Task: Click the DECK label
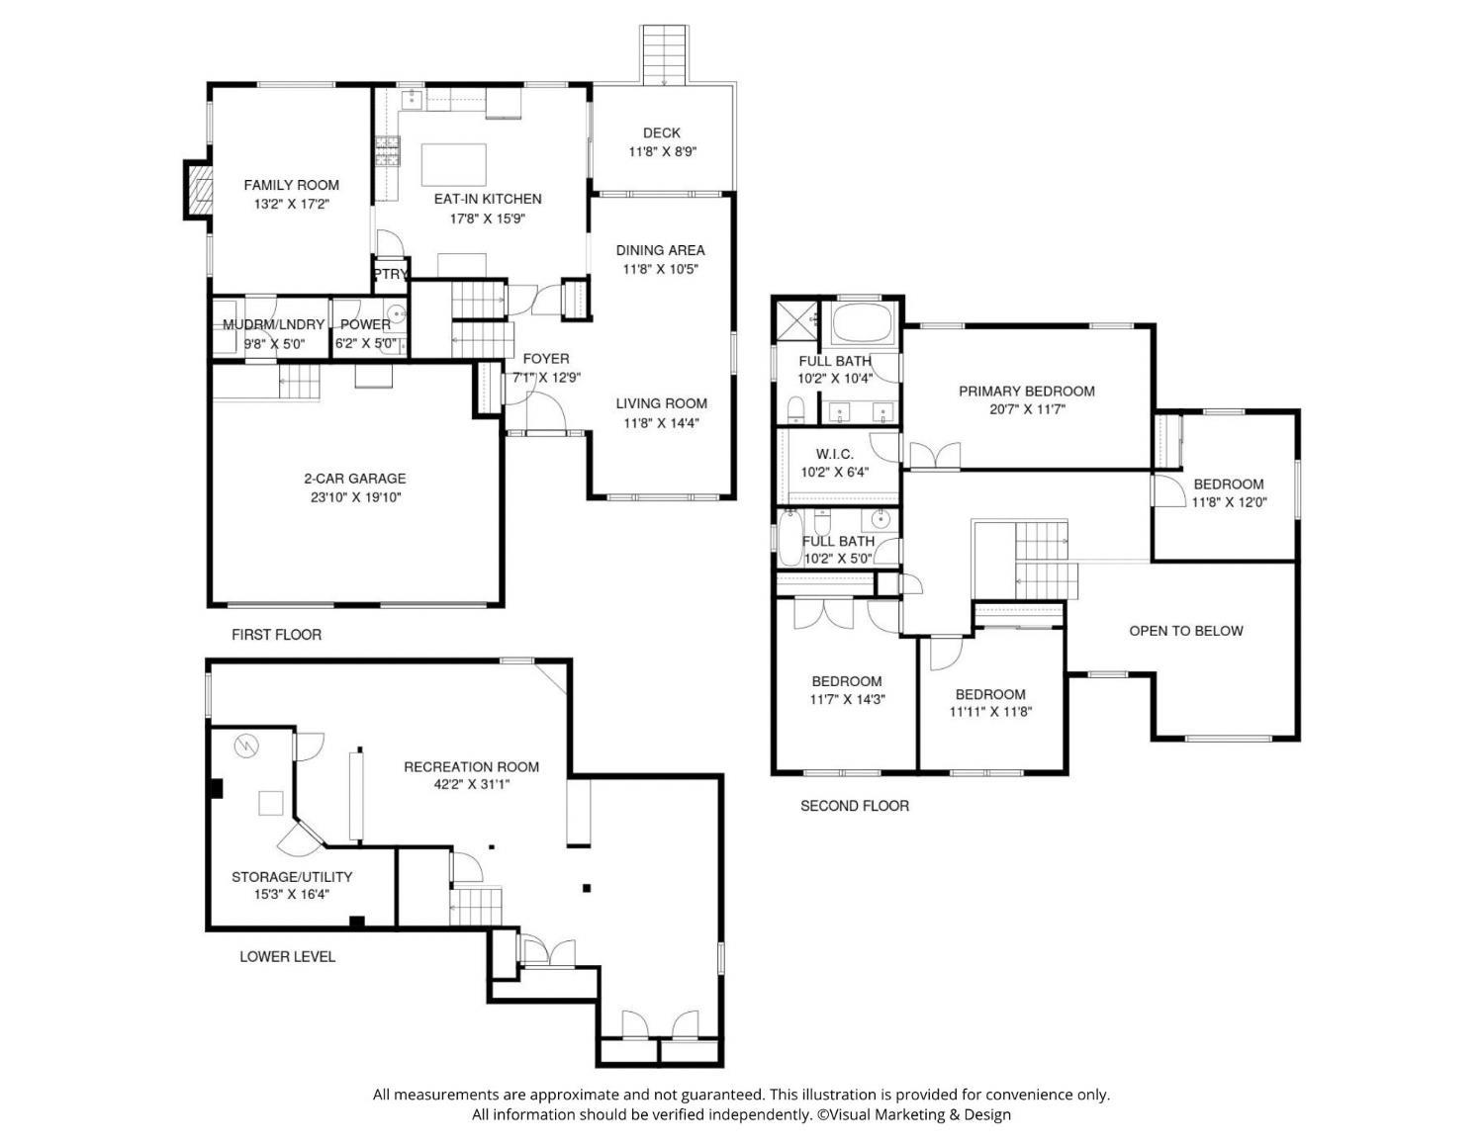(661, 133)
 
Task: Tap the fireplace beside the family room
(198, 190)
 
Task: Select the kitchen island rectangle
(453, 164)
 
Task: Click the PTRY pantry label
(391, 274)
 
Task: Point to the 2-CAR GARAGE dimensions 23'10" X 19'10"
(355, 497)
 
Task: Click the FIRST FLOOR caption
(277, 635)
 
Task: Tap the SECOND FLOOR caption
(855, 806)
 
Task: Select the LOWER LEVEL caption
(288, 957)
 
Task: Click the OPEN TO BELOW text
(1185, 631)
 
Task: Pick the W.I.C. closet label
(835, 455)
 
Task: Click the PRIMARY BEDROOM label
(1027, 392)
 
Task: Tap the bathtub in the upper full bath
(863, 323)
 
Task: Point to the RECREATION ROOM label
(471, 767)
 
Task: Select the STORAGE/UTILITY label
(292, 877)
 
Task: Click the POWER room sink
(396, 313)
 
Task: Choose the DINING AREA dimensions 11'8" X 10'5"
(661, 269)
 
